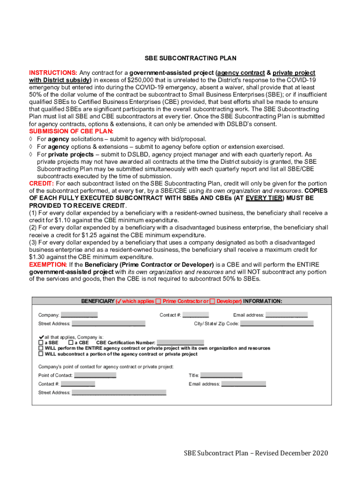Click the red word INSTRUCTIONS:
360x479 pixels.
click(x=53, y=73)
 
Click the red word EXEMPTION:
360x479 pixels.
click(x=48, y=265)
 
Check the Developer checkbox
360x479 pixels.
click(x=213, y=301)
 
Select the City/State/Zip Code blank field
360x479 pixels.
click(x=277, y=324)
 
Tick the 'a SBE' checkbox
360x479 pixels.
click(x=41, y=343)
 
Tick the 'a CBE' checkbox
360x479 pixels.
click(x=71, y=343)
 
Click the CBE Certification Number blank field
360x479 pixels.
click(x=180, y=343)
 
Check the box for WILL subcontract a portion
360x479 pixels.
click(x=41, y=354)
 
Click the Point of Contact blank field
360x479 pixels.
click(x=95, y=376)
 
